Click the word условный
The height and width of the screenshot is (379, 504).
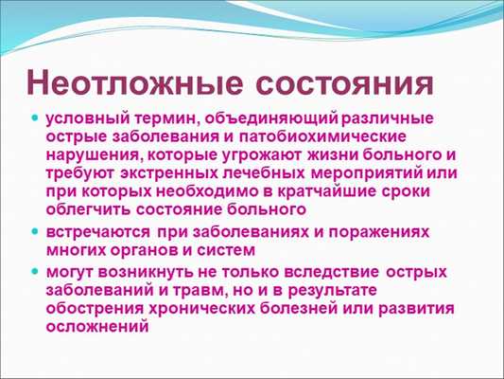point(82,120)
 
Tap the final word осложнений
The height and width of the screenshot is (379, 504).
point(97,326)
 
